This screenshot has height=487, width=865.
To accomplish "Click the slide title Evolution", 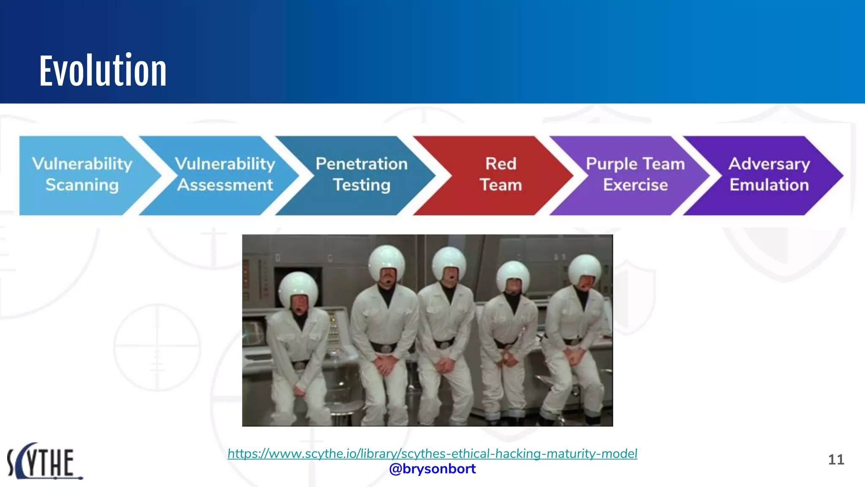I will tap(103, 71).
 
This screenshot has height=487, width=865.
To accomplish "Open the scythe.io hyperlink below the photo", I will tap(432, 454).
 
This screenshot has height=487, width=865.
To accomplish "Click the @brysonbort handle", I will tap(432, 469).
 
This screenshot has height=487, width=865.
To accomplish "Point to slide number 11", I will tap(836, 460).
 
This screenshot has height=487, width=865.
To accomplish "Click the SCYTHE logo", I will tap(44, 461).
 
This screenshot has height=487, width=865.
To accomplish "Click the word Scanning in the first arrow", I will tap(82, 185).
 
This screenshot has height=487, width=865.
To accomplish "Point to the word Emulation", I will tap(769, 185).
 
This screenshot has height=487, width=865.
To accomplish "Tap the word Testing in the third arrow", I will tap(362, 185).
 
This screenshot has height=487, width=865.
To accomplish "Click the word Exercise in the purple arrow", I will tap(635, 185).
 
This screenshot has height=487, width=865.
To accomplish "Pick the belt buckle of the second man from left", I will tap(385, 348).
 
